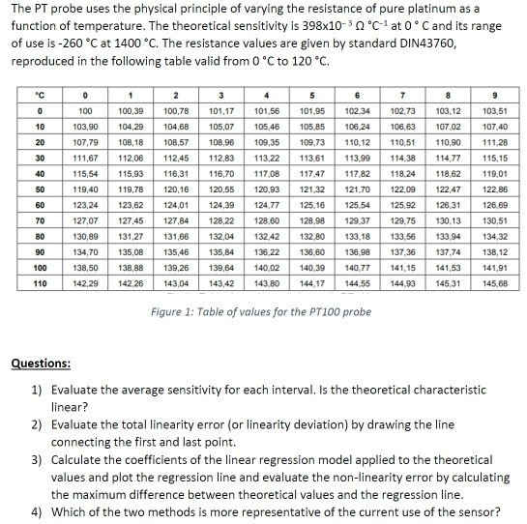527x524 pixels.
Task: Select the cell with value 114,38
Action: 403,158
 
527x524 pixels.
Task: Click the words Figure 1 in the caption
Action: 175,311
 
